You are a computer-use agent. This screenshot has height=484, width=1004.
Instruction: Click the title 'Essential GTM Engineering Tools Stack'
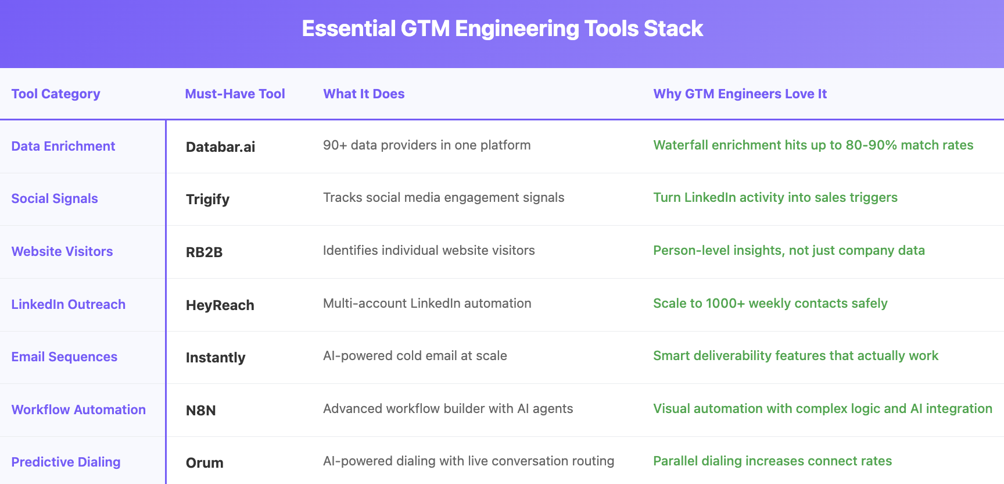pos(502,29)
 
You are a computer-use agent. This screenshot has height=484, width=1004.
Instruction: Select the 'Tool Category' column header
pos(56,94)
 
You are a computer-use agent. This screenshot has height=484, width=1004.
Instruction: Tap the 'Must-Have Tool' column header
pos(235,94)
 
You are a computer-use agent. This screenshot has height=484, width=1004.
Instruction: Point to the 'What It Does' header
pos(364,94)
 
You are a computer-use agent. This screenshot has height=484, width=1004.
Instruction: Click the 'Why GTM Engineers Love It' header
pos(740,94)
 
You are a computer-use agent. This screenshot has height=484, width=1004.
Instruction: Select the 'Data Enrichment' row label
pos(63,146)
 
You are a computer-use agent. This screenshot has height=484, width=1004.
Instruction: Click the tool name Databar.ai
pos(220,147)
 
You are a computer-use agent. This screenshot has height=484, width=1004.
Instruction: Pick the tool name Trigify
pos(207,200)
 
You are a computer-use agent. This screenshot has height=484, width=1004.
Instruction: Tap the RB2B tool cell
pos(204,252)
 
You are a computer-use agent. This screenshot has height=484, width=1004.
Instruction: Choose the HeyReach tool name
pos(220,305)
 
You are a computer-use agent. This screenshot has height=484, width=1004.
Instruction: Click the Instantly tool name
pos(216,358)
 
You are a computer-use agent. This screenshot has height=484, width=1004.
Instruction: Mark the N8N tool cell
pos(200,410)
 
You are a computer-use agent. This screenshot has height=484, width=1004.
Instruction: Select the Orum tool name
pos(205,462)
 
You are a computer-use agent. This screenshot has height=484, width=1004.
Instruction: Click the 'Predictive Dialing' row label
pos(66,462)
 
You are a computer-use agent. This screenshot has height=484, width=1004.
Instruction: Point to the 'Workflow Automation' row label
pos(78,410)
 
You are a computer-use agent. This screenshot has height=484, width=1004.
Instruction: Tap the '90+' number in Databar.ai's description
pos(335,145)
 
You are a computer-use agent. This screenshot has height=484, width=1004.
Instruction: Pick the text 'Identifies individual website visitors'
pos(429,250)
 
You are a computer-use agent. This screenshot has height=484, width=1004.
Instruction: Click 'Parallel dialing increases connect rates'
pos(772,461)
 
